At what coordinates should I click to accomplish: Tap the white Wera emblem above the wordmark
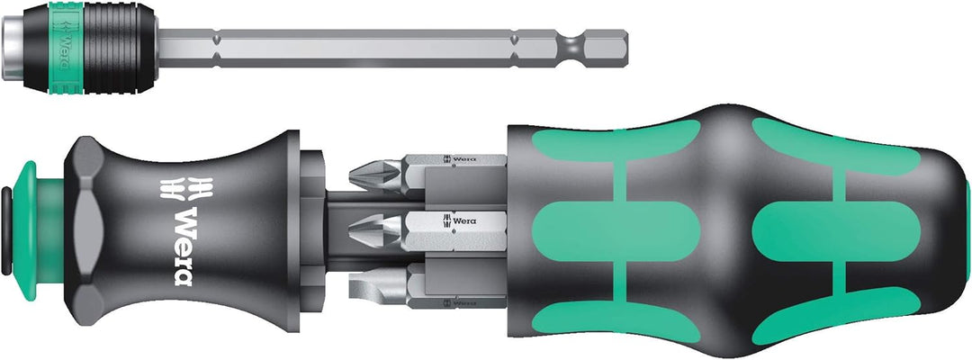186,188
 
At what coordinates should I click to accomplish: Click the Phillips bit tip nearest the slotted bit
375,231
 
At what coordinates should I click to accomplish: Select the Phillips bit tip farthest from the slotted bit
375,174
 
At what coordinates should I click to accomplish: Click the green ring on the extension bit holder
66,48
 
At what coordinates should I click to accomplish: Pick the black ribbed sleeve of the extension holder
120,48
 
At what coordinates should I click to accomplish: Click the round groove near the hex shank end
573,47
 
